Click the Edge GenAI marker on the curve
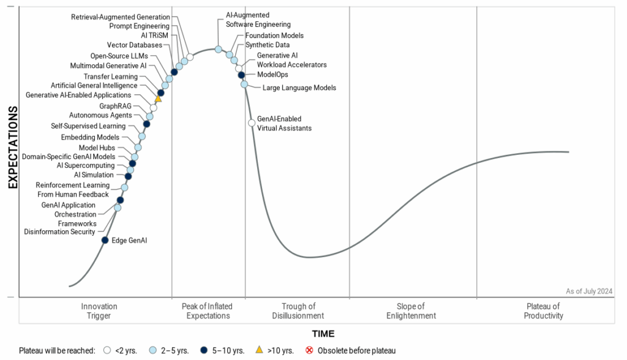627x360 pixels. coord(105,240)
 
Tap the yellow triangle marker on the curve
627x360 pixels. coord(158,98)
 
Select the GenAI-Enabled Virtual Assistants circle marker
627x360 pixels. coord(252,123)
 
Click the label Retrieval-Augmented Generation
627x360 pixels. coord(121,17)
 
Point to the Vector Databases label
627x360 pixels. coord(135,45)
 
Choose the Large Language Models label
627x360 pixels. coord(299,88)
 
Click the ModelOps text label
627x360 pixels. coord(272,75)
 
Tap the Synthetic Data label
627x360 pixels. coord(268,45)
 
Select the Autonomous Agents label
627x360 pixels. coord(100,115)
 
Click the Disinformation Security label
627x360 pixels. coord(59,232)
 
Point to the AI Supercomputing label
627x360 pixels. coord(85,166)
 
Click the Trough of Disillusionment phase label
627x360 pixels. coord(298,311)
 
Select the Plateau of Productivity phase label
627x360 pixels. coord(543,311)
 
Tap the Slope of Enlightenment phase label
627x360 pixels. coord(411,311)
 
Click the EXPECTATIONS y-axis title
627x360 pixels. coord(12,147)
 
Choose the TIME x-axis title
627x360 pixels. coord(323,334)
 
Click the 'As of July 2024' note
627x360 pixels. coord(588,291)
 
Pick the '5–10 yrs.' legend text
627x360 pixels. coord(229,351)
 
